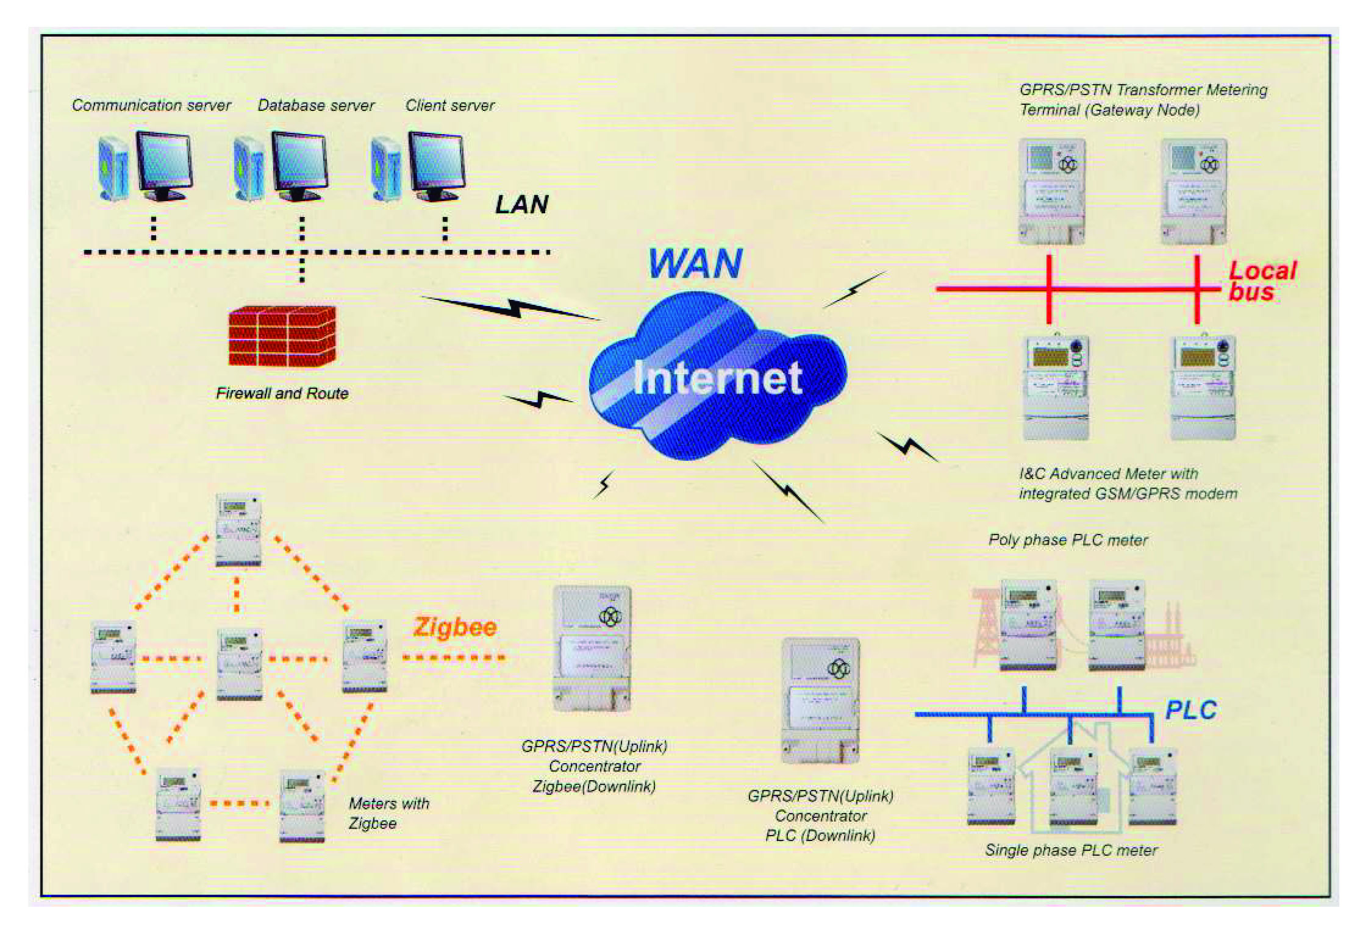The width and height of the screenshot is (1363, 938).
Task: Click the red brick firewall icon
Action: click(x=282, y=336)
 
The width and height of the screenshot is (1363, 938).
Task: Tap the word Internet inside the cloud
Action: click(x=717, y=378)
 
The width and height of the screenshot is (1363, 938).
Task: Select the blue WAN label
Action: click(x=695, y=263)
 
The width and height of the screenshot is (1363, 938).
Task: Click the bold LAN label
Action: click(x=521, y=205)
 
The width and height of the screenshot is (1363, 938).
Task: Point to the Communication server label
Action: click(x=151, y=105)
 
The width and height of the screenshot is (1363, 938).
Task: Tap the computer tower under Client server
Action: click(x=386, y=169)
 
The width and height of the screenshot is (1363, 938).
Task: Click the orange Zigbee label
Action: click(x=455, y=627)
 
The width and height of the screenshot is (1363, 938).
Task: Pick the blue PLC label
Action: click(x=1190, y=710)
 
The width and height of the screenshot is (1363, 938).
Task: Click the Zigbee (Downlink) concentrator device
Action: click(x=592, y=648)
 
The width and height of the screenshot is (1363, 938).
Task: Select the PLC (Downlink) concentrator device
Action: click(x=821, y=700)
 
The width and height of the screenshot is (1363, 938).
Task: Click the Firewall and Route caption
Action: click(x=282, y=393)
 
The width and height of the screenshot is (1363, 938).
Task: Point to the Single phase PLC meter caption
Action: click(x=1071, y=850)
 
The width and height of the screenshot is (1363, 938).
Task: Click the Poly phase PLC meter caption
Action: click(x=1068, y=540)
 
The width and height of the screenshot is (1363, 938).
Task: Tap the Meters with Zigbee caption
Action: click(x=388, y=813)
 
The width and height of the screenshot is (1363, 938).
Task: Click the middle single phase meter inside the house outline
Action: click(x=1073, y=787)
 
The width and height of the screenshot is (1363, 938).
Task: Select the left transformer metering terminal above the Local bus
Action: click(x=1052, y=191)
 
